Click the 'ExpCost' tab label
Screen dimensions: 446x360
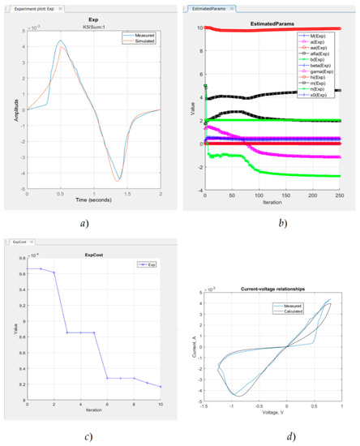click(x=28, y=241)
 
